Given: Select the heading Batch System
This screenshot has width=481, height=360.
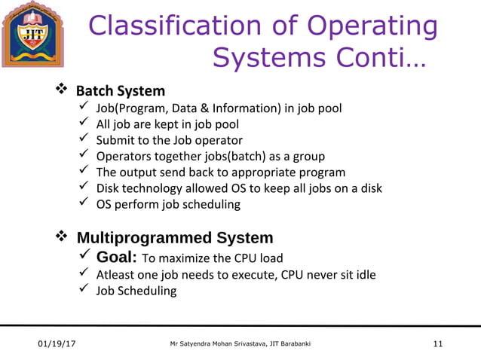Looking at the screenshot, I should tap(120, 91).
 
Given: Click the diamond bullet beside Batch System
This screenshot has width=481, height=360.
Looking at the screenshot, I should tap(63, 90).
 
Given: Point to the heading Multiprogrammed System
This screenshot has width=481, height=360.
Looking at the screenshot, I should tap(175, 238).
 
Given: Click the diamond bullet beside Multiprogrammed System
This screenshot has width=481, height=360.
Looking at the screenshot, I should tap(63, 238).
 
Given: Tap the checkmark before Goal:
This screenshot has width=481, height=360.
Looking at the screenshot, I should tap(86, 258).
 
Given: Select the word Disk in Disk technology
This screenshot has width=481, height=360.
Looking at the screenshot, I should tap(109, 188).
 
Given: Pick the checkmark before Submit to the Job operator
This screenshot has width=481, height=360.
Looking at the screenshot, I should tap(85, 140).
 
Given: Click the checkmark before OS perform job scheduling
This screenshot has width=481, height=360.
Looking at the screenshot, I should tap(85, 203).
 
